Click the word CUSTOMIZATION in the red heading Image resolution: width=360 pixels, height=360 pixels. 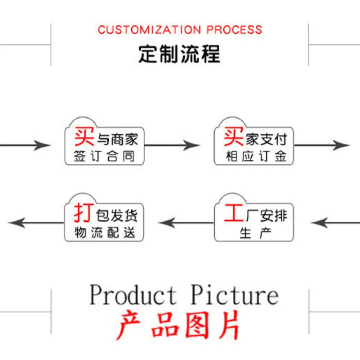pyautogui.click(x=150, y=30)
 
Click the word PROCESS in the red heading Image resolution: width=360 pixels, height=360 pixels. pyautogui.click(x=234, y=30)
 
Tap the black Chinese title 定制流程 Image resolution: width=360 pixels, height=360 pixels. pyautogui.click(x=180, y=54)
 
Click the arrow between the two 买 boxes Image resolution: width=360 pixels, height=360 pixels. pyautogui.click(x=172, y=145)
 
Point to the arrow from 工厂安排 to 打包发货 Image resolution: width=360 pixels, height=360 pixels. pyautogui.click(x=186, y=223)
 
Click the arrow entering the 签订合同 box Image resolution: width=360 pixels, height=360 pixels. pyautogui.click(x=25, y=145)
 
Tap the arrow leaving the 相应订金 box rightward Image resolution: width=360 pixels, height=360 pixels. pyautogui.click(x=322, y=145)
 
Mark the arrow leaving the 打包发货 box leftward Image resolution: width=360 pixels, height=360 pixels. pyautogui.click(x=36, y=223)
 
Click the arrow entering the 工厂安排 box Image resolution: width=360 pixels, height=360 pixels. pyautogui.click(x=335, y=223)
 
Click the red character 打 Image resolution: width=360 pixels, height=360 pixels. pyautogui.click(x=84, y=212)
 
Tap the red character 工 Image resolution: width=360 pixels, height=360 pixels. pyautogui.click(x=234, y=213)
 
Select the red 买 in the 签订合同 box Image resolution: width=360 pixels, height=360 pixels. pyautogui.click(x=84, y=136)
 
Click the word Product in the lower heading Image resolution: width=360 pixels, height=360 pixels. pyautogui.click(x=133, y=294)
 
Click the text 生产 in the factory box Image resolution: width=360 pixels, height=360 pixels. pyautogui.click(x=255, y=233)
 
